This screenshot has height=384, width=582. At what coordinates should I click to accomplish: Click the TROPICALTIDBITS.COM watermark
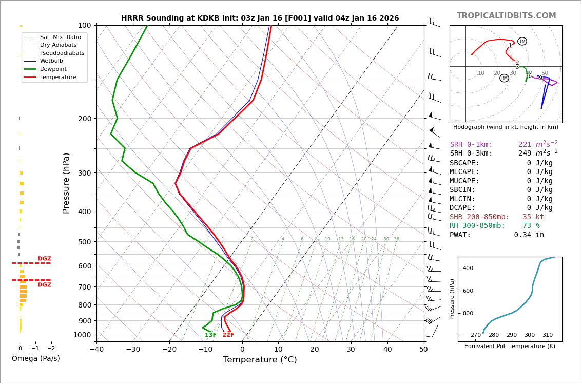tap(506, 16)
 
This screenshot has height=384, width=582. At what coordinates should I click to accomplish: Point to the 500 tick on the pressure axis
tap(84, 242)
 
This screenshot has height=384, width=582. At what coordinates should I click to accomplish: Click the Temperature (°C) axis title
tap(260, 360)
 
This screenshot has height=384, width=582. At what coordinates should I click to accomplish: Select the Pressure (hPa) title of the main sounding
tap(67, 183)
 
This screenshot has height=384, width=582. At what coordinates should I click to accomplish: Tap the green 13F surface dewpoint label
tap(210, 335)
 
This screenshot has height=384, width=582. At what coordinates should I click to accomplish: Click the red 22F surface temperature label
tap(228, 335)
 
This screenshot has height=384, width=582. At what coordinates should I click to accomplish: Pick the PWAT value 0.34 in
tap(529, 235)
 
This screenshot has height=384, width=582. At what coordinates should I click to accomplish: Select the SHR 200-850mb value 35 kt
tap(533, 217)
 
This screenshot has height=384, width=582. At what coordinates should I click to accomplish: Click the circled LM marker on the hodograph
tap(522, 41)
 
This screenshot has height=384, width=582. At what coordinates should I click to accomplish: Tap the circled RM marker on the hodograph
tap(504, 78)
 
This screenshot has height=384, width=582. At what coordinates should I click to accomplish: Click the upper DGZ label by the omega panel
tap(44, 259)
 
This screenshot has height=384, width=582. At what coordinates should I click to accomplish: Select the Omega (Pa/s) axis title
tap(35, 359)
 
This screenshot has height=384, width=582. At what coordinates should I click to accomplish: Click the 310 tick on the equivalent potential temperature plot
tap(547, 335)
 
